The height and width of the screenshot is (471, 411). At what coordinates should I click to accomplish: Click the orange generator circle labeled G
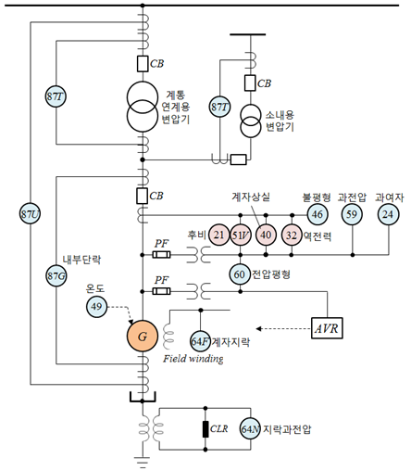143,336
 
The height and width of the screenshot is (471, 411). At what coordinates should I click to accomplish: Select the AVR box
327,328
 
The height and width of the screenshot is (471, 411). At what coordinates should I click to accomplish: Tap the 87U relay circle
30,214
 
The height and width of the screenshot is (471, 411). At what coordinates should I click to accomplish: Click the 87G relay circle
56,275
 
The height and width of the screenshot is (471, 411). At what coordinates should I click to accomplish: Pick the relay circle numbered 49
96,307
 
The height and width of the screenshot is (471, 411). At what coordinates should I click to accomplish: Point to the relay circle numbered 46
318,214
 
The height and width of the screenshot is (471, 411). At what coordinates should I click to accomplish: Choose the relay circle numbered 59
352,214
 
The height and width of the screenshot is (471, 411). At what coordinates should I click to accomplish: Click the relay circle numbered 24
388,214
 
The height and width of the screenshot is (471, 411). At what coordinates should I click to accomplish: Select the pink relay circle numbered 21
219,235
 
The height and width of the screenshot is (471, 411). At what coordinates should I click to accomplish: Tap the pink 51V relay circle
241,235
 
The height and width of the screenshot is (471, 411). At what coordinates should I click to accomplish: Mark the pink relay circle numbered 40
266,235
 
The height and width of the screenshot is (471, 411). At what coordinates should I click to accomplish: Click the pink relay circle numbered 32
292,235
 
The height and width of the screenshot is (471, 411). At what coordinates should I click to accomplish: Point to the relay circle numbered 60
240,274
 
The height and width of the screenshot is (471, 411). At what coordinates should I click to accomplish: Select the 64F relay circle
200,341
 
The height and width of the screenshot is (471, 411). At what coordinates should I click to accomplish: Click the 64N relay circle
250,428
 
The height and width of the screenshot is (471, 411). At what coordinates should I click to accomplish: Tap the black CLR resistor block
205,429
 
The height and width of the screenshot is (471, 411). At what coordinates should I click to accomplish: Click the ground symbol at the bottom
143,462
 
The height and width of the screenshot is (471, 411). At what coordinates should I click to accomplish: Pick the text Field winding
193,359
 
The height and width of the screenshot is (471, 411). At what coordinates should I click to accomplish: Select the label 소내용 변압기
280,121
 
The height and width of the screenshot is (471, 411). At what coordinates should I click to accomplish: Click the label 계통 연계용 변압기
176,107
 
